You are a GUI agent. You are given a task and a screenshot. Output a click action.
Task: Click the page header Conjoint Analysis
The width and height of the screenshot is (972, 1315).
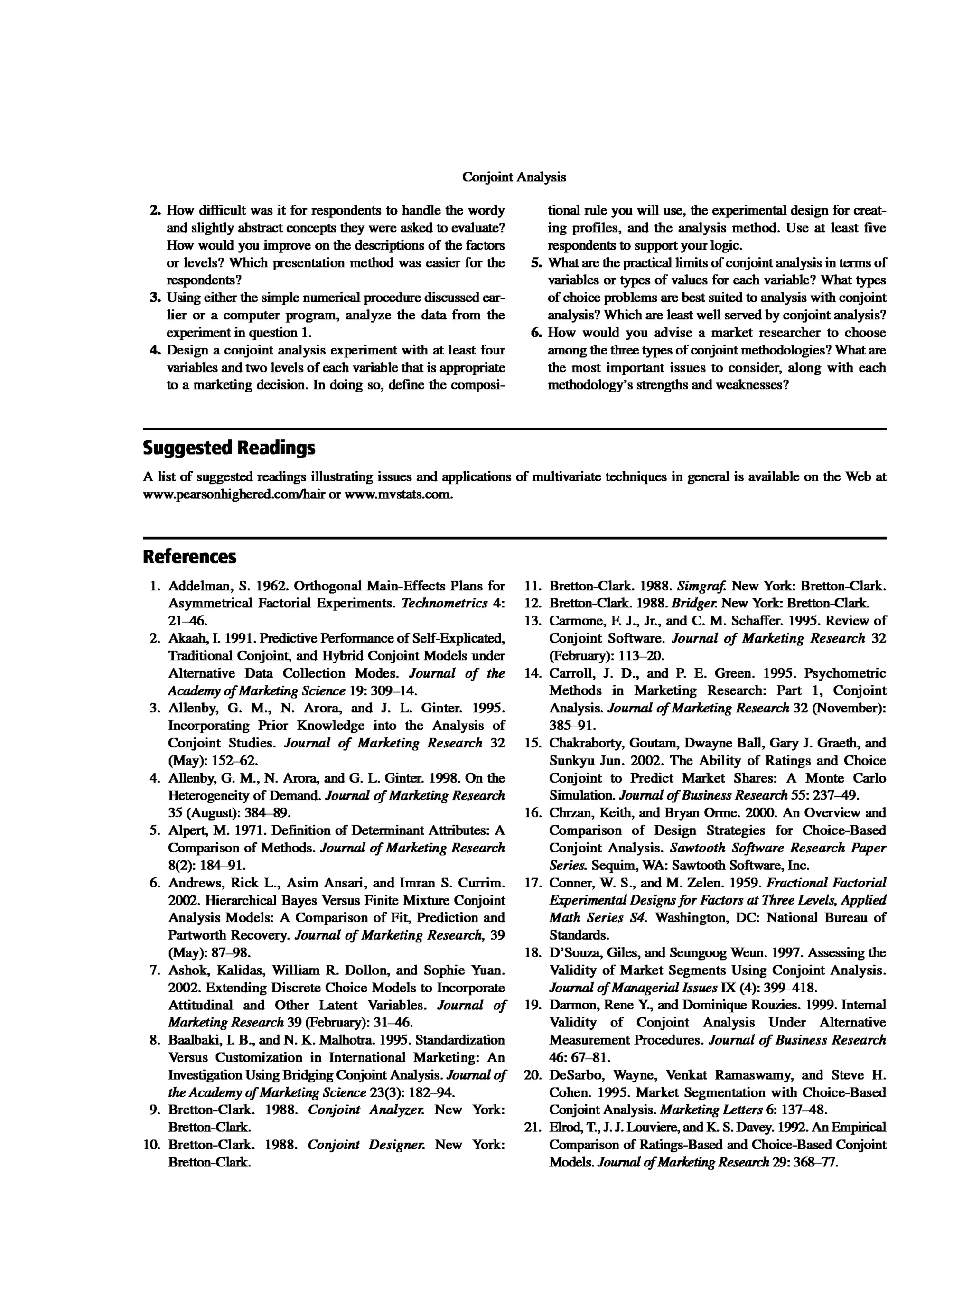click(514, 177)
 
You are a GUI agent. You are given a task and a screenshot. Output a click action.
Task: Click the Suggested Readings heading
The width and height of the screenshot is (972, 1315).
click(229, 448)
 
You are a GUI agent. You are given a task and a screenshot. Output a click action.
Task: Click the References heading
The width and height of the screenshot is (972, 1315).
click(189, 557)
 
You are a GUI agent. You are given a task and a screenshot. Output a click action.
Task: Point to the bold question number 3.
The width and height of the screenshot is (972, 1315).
click(155, 298)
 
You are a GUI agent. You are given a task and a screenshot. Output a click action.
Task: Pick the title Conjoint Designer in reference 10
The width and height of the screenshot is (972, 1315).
click(364, 1144)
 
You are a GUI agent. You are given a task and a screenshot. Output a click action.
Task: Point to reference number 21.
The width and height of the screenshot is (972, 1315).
click(533, 1127)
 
